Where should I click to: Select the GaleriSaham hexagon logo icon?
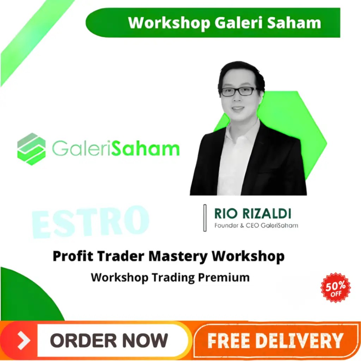pyautogui.click(x=31, y=149)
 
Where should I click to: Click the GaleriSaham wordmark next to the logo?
pyautogui.click(x=116, y=149)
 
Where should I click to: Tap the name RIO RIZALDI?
pyautogui.click(x=252, y=214)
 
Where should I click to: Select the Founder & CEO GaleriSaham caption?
pyautogui.click(x=256, y=225)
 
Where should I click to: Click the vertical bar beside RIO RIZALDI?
pyautogui.click(x=205, y=218)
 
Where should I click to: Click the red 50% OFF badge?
pyautogui.click(x=336, y=287)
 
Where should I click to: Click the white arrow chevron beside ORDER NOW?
pyautogui.click(x=24, y=340)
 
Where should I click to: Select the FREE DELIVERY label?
pyautogui.click(x=275, y=340)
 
